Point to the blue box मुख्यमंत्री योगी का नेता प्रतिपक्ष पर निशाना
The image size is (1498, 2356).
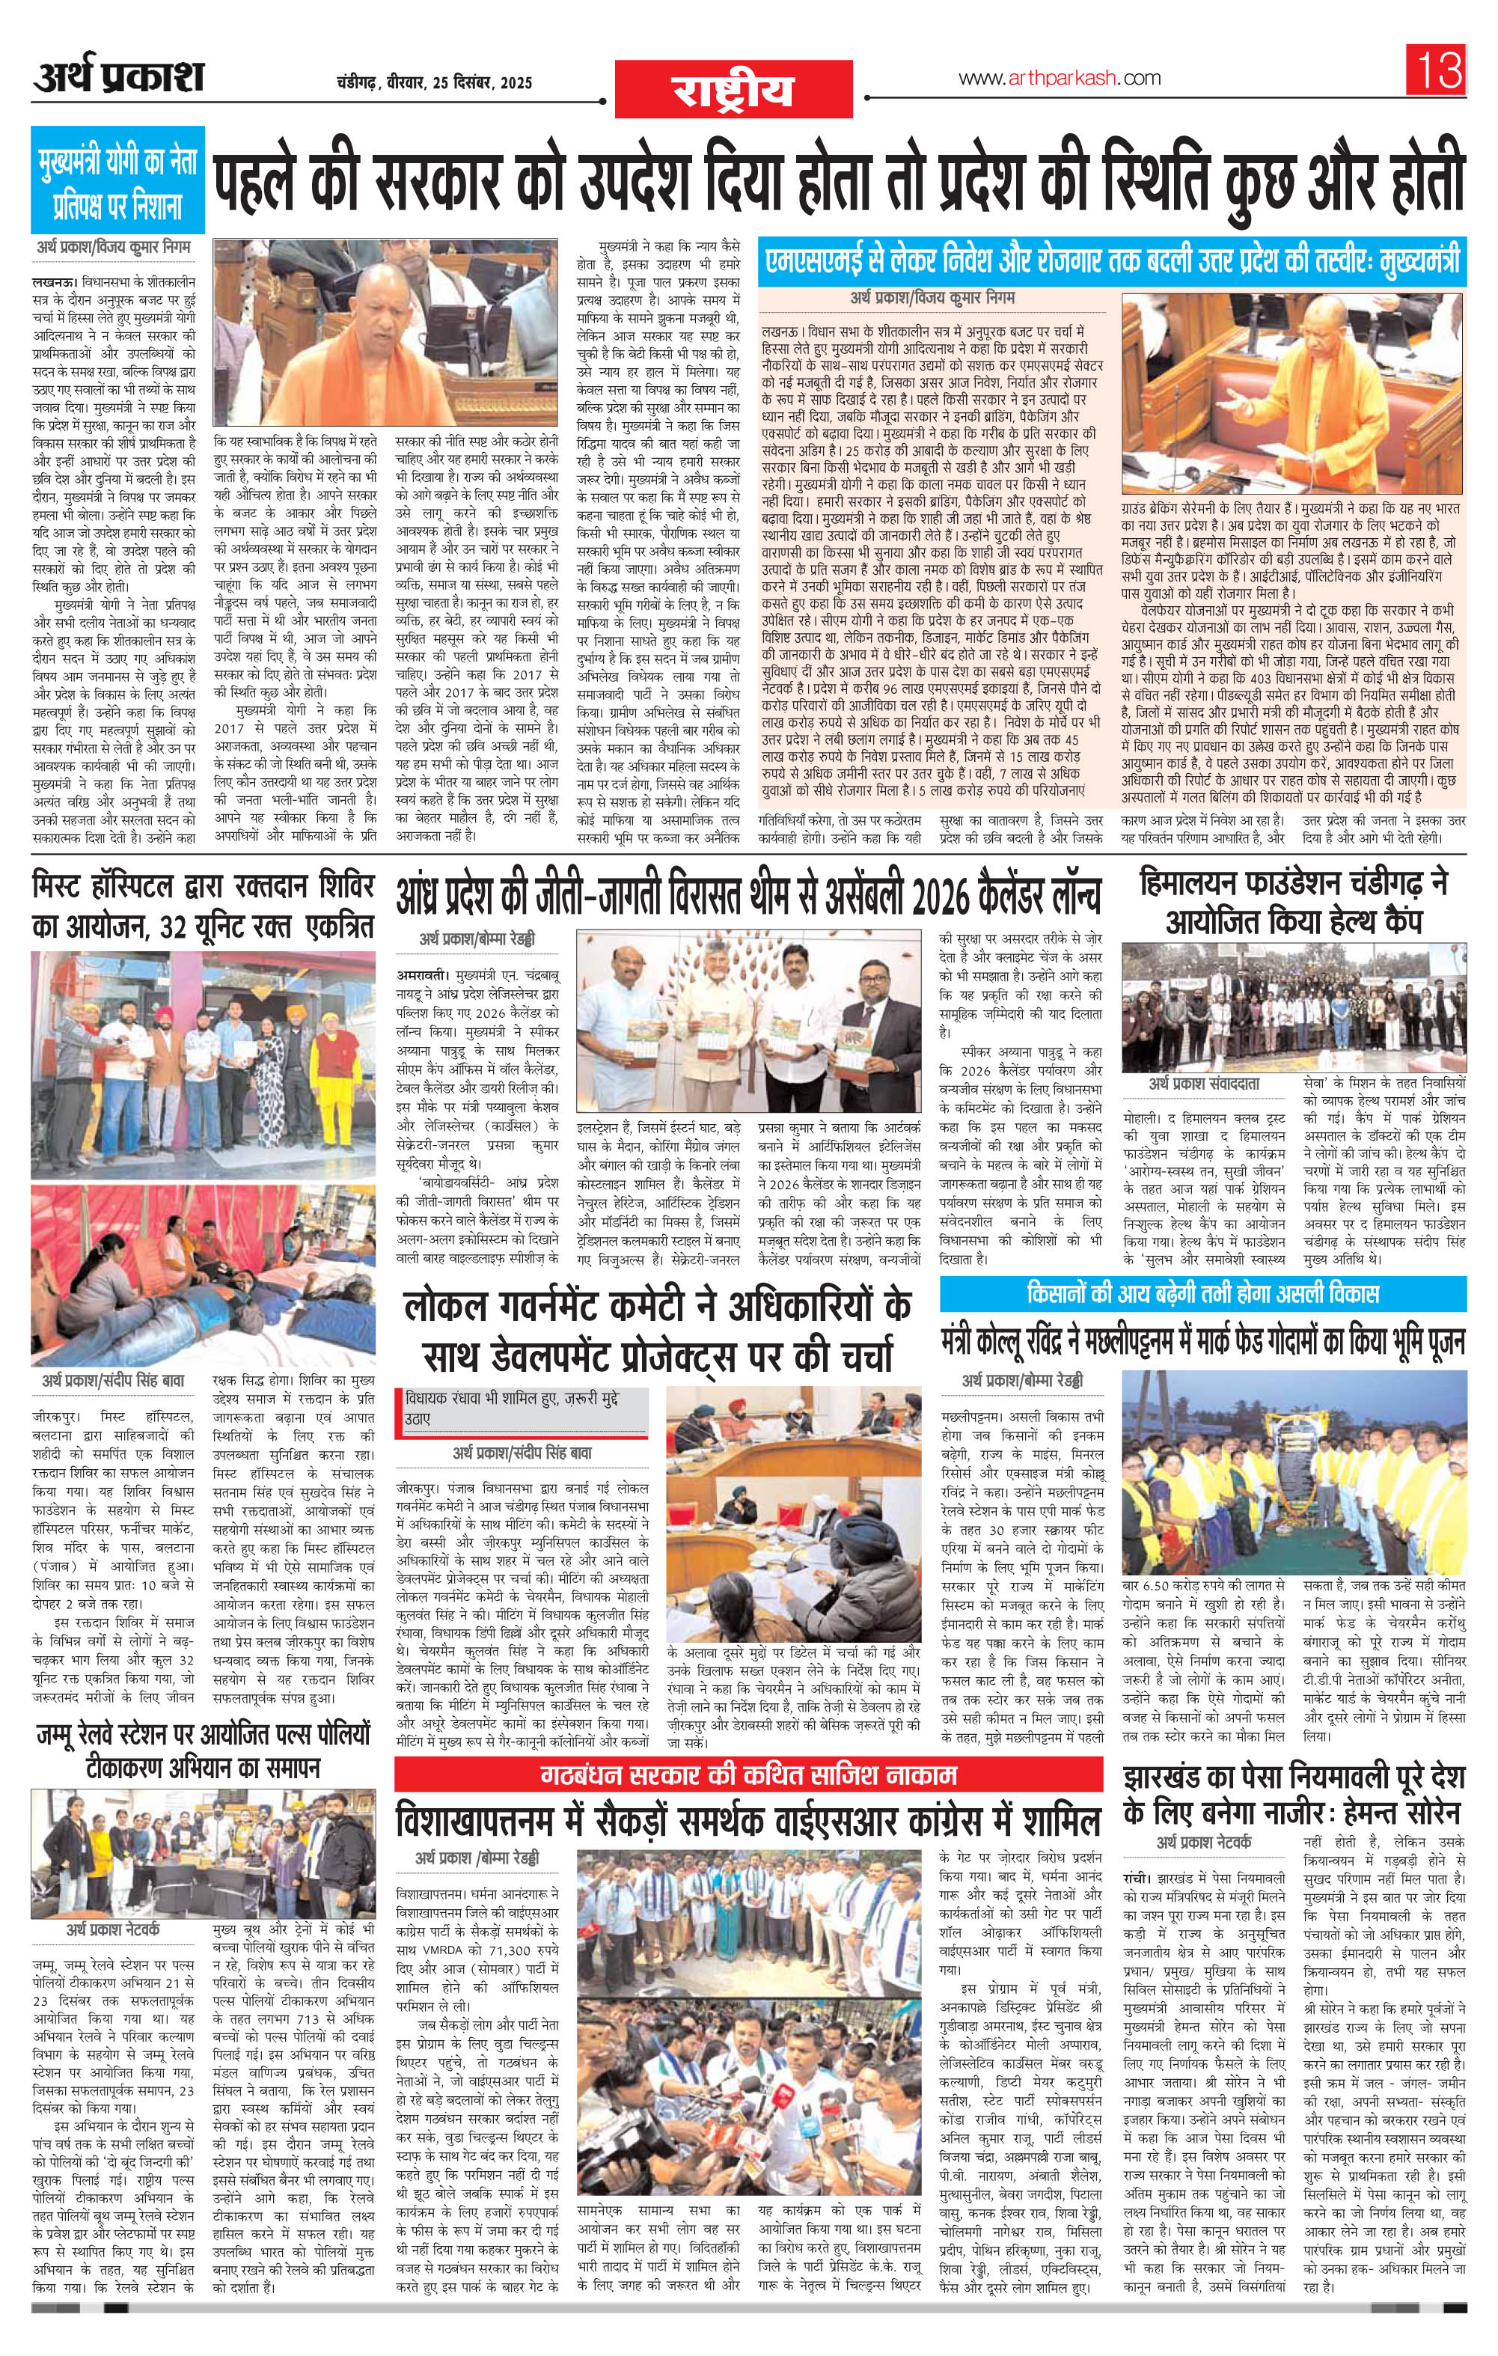118,180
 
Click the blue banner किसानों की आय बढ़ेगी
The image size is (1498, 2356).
1202,1293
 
